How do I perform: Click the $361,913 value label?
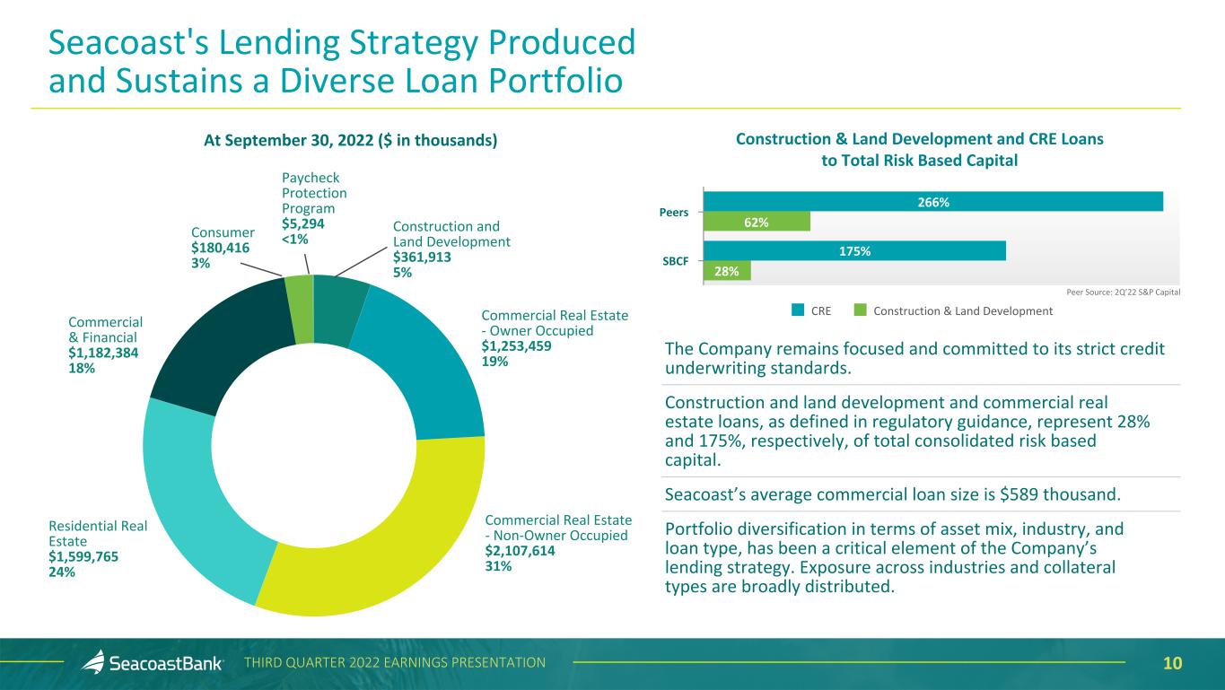pos(422,257)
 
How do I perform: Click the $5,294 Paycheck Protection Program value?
pos(303,223)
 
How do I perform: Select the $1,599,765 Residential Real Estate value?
pos(83,556)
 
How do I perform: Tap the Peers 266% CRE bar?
pos(933,202)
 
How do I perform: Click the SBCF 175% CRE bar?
pos(854,250)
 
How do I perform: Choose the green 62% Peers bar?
pos(757,222)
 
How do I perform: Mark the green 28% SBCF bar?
pos(727,271)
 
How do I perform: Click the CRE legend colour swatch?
pos(798,310)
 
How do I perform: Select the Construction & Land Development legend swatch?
pos(861,310)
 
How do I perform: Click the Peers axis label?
pos(674,213)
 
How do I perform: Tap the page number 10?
pos(1172,663)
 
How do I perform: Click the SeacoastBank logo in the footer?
pos(153,663)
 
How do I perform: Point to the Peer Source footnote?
pos(1123,293)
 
